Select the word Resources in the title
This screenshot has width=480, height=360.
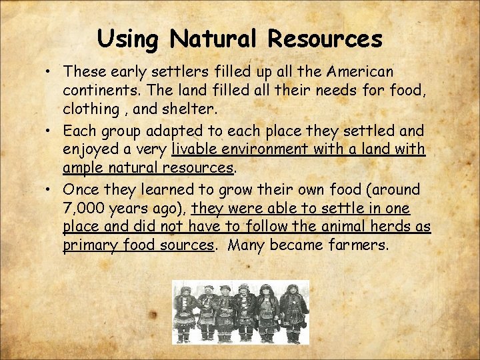(x=325, y=39)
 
